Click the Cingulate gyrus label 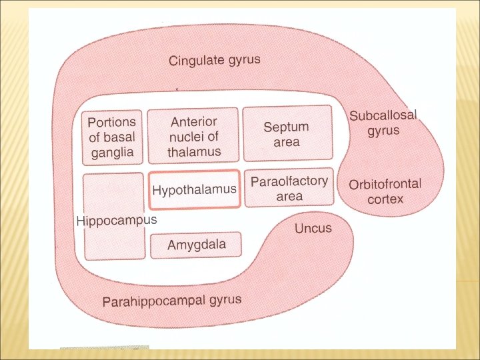215,61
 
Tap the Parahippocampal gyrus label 172,301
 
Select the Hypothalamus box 194,190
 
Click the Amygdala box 197,245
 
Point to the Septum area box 287,133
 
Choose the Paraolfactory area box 289,188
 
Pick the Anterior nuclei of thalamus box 193,136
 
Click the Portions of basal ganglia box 112,137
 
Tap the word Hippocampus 117,220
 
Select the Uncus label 313,228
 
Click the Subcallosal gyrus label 383,122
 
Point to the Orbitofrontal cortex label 385,191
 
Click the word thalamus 194,151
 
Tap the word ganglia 112,152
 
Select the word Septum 287,127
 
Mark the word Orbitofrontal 385,184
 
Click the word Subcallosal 383,115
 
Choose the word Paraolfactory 290,181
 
